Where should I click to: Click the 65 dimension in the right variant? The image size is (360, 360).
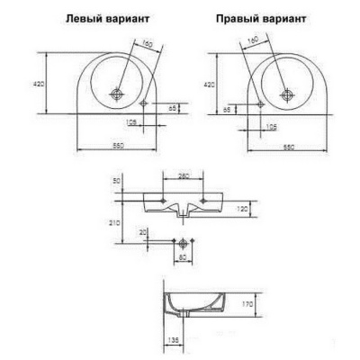228,108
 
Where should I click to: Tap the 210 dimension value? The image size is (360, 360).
111,220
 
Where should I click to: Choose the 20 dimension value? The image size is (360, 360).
144,231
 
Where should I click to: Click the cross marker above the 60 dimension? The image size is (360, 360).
184,242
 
